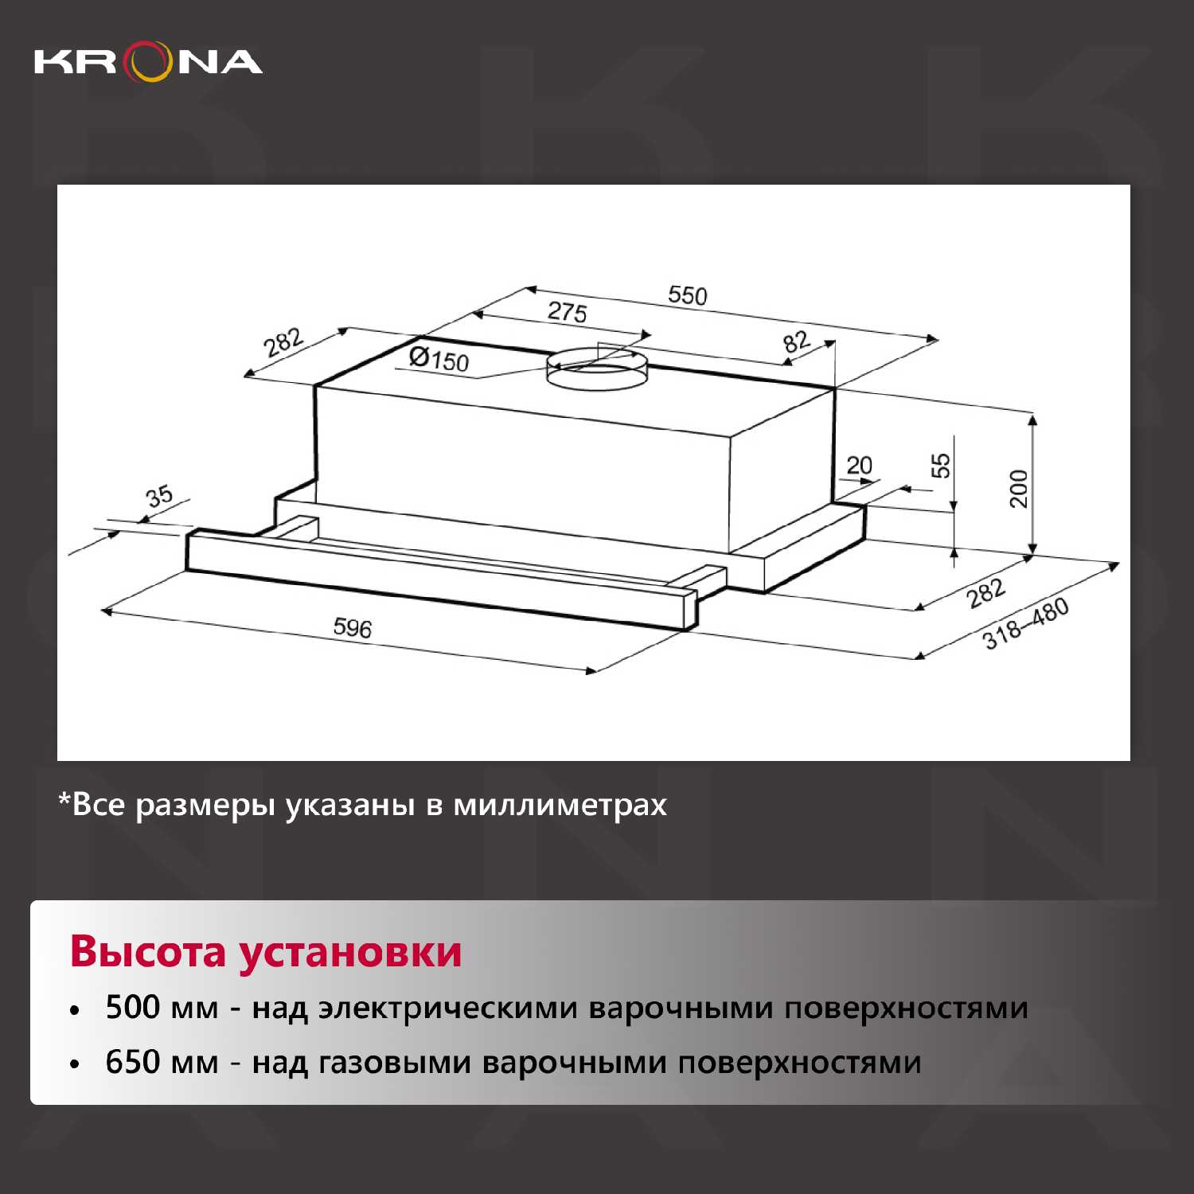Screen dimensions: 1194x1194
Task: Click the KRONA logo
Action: coord(148,62)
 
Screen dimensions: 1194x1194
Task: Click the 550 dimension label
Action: coord(687,295)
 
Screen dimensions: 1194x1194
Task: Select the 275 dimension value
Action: coord(567,311)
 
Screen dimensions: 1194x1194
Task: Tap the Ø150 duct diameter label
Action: coord(439,359)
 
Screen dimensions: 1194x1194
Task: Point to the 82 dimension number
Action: coord(796,341)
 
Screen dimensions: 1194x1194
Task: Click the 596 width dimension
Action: coord(353,627)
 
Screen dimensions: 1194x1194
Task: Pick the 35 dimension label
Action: coord(159,496)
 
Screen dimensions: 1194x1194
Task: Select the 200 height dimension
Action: coord(1019,488)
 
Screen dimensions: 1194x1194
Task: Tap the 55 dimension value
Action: coord(941,465)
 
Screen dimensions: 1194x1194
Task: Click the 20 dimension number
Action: coord(859,465)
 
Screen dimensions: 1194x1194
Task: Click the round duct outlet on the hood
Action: coord(597,367)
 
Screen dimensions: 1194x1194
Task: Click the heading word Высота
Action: coord(148,951)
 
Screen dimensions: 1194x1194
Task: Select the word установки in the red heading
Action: coord(350,951)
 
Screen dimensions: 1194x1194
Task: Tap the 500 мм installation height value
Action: coord(162,1007)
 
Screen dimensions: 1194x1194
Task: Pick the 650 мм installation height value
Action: coord(162,1062)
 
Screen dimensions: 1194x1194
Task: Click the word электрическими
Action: coord(448,1009)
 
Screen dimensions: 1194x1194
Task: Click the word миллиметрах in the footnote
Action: coord(560,806)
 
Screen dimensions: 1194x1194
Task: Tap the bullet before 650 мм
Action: coord(75,1064)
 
